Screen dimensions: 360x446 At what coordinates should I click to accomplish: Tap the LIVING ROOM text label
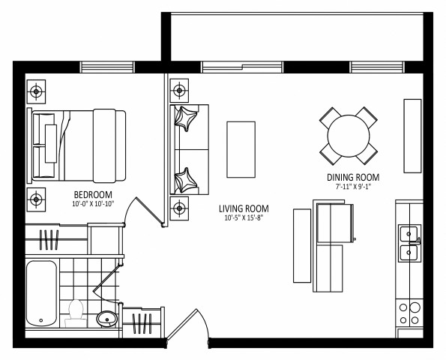[244, 208]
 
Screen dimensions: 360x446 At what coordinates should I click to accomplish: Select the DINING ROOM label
[352, 177]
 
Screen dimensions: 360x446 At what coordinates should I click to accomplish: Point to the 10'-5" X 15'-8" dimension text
[244, 218]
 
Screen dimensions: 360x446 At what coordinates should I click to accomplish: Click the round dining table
[349, 135]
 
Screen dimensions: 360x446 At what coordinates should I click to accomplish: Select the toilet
[76, 313]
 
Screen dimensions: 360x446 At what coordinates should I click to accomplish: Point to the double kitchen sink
[408, 242]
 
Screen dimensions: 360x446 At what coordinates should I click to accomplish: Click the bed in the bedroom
[79, 145]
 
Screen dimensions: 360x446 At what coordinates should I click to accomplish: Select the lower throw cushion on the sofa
[185, 180]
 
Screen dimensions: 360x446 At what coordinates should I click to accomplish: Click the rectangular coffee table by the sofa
[241, 148]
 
